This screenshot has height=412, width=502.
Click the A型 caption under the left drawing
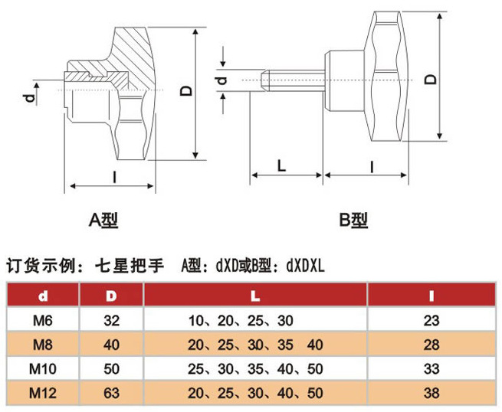point(103,220)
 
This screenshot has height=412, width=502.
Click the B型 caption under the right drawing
point(353,220)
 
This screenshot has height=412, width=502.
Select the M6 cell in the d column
point(43,320)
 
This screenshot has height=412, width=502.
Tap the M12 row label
point(43,393)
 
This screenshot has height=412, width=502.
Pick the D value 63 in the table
point(111,393)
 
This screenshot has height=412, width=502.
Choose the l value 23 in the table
point(431,320)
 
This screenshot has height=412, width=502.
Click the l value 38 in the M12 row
point(431,393)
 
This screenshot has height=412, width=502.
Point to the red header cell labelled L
point(255,295)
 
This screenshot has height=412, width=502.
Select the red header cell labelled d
point(43,295)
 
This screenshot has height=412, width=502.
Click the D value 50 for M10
point(111,369)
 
